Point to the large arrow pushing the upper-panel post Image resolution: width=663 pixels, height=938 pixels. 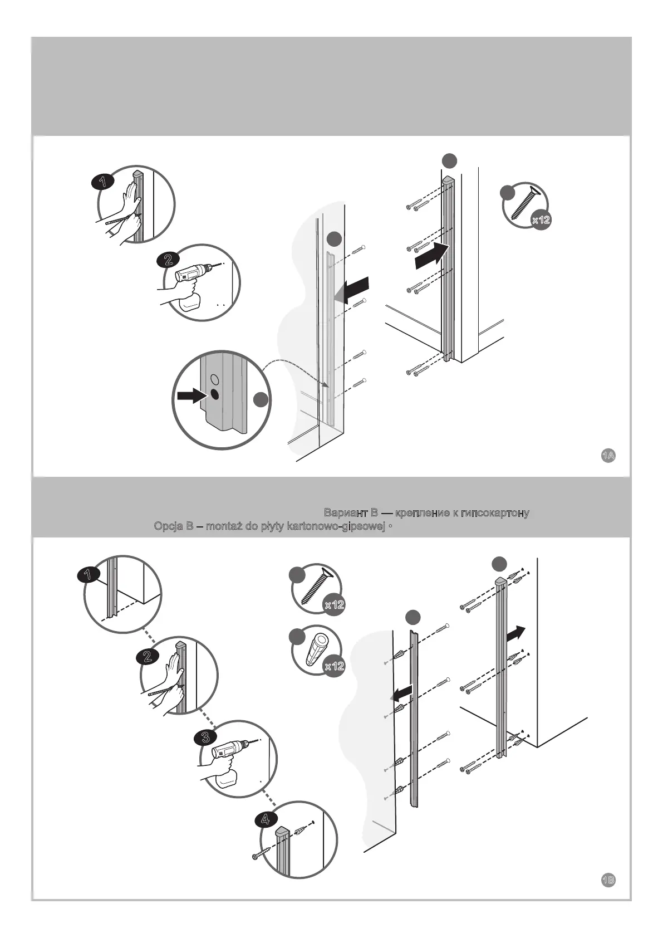tap(432, 256)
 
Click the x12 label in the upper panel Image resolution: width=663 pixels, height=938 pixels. tap(541, 220)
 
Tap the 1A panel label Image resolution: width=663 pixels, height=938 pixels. tap(608, 456)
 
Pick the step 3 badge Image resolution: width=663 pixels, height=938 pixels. tap(205, 738)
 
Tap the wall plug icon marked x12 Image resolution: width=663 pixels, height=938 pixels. tap(316, 649)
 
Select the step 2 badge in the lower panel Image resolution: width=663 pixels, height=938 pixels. tap(148, 656)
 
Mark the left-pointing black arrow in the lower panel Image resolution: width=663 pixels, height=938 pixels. tap(401, 693)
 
